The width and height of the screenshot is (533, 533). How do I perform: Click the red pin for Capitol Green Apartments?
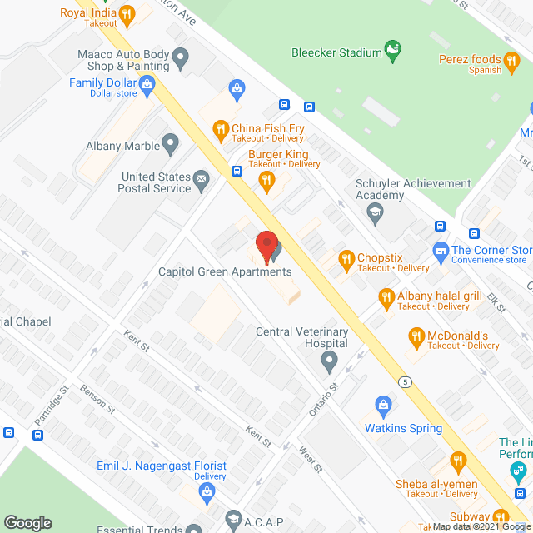click(266, 247)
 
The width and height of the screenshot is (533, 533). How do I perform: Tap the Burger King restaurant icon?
click(266, 181)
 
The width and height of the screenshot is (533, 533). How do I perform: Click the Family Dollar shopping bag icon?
click(147, 82)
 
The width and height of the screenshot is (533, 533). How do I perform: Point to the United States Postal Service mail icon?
click(201, 177)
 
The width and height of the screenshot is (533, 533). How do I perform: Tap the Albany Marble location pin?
click(171, 144)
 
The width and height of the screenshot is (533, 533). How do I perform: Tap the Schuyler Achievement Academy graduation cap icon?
click(375, 211)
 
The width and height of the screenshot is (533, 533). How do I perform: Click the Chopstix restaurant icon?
click(346, 258)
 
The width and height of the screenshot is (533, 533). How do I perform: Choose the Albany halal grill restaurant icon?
click(386, 296)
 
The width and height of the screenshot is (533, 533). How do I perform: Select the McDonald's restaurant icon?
click(416, 336)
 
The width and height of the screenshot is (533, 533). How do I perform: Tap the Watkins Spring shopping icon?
click(383, 406)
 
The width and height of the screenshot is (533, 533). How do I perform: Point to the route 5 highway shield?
click(405, 381)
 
